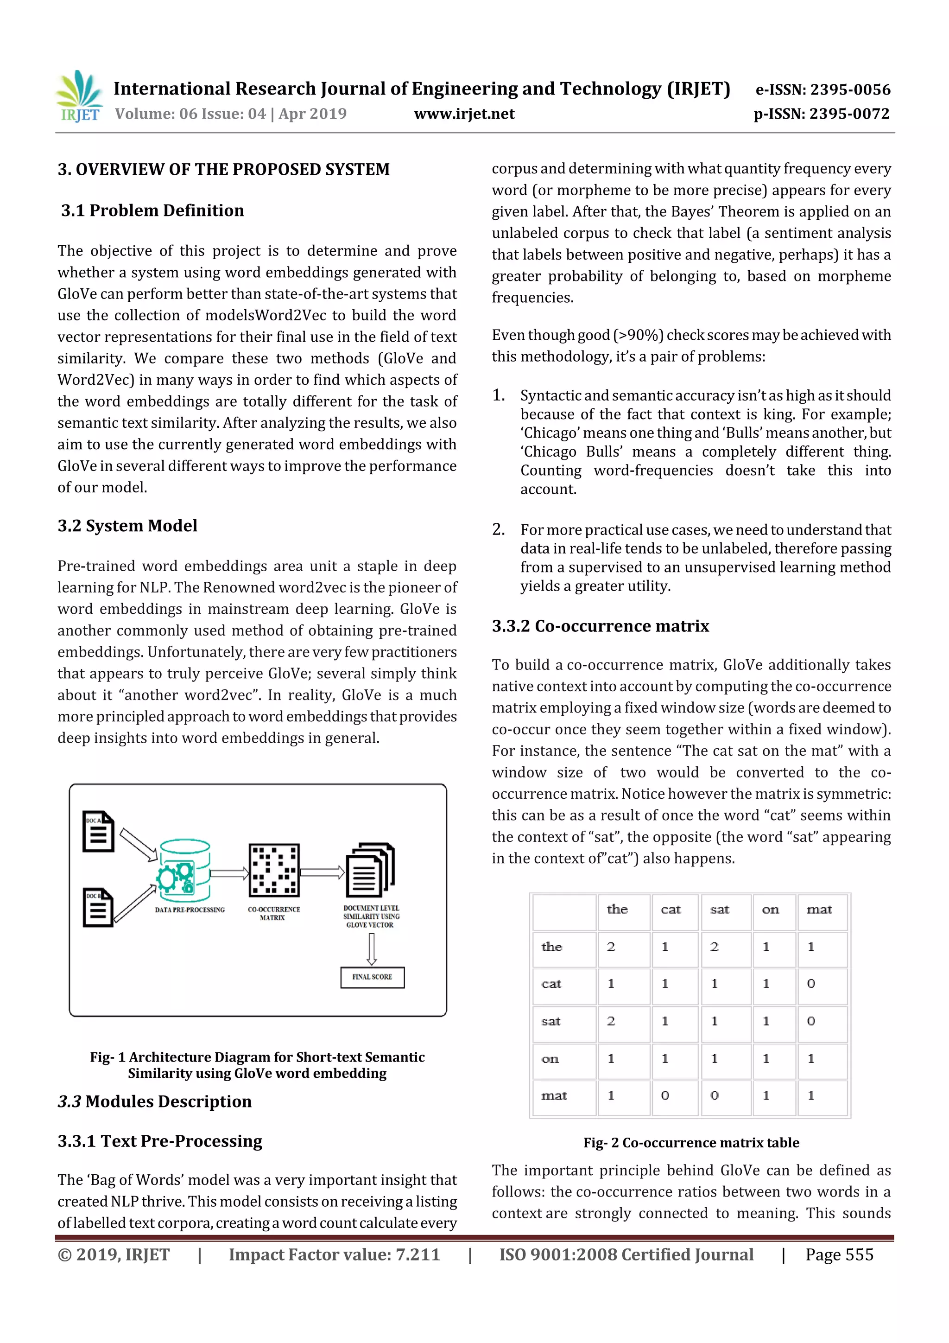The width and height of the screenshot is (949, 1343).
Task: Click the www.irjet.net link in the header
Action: (x=464, y=114)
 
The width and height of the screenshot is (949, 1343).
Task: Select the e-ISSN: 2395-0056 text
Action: (x=822, y=89)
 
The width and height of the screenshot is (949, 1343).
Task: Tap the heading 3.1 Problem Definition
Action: (x=152, y=210)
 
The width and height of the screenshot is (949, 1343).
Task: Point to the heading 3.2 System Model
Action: (x=127, y=526)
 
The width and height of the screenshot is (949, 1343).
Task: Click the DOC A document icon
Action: (x=98, y=831)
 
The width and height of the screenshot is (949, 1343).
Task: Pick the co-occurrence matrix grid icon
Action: (x=274, y=870)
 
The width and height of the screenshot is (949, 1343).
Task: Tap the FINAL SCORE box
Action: (x=373, y=977)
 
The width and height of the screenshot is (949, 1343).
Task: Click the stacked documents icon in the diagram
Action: (x=370, y=870)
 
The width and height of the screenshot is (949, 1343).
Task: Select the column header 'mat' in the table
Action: (x=819, y=910)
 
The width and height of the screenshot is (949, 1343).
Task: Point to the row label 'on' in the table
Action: (x=550, y=1059)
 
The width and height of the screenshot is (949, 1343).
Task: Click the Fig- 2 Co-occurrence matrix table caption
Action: (x=691, y=1142)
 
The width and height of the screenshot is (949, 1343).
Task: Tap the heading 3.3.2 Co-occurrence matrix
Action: (x=600, y=626)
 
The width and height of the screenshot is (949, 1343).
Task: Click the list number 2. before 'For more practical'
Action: (x=498, y=529)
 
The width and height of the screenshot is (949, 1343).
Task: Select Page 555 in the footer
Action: (x=839, y=1254)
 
